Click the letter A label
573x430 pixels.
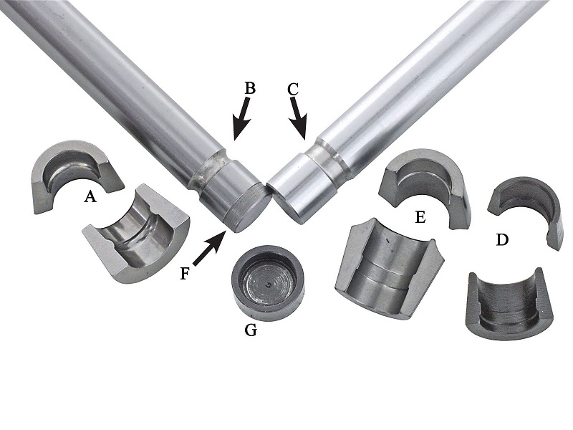(x=90, y=197)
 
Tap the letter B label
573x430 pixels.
(x=249, y=88)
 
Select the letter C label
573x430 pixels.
(x=294, y=89)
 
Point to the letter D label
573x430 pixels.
(x=503, y=240)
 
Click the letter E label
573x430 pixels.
(x=420, y=217)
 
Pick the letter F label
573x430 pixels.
(x=186, y=274)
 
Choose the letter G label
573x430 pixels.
(x=251, y=330)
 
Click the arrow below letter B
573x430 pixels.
(x=242, y=119)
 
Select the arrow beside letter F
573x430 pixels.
(x=208, y=248)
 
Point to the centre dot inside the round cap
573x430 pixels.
(x=269, y=284)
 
